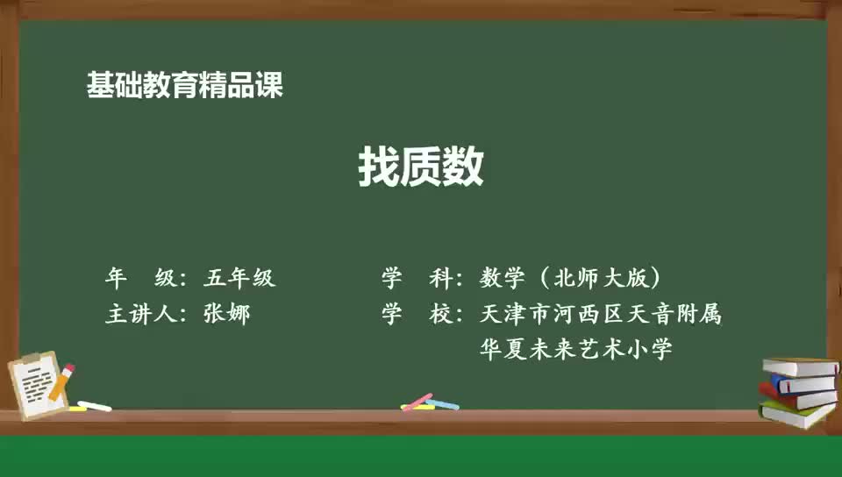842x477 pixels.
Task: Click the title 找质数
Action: coord(421,167)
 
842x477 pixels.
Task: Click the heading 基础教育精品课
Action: coord(185,85)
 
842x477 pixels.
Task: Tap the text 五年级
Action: coord(239,279)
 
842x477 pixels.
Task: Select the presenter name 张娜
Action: coord(226,314)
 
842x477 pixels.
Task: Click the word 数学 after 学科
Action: coord(502,279)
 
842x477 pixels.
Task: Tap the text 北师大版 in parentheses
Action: coord(600,279)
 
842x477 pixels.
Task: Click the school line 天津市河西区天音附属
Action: coord(601,314)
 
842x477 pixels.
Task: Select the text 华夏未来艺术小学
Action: coord(576,350)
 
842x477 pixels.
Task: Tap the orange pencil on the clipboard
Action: coord(62,381)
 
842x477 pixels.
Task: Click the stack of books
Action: coord(799,391)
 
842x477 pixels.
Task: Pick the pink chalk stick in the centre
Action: coord(417,402)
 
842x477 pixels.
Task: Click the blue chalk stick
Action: coord(444,405)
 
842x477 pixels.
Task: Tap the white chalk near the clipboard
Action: coord(94,406)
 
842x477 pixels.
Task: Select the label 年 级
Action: coord(140,279)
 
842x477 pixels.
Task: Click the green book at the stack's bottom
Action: coord(797,414)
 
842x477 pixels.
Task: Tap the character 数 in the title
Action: coord(463,167)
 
